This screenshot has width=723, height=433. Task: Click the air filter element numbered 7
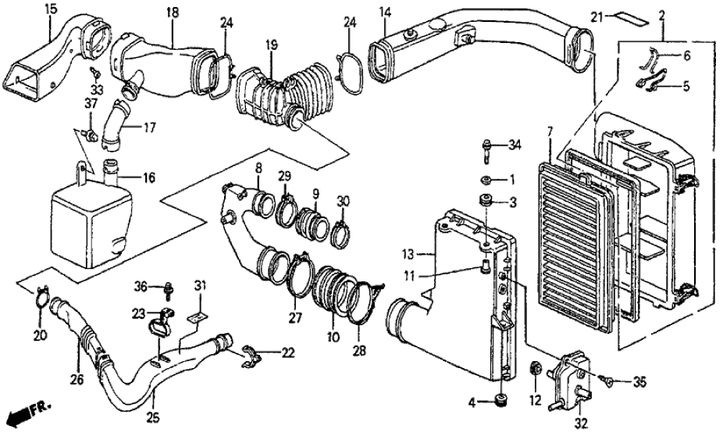click(579, 242)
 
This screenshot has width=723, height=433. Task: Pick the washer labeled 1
click(486, 181)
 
